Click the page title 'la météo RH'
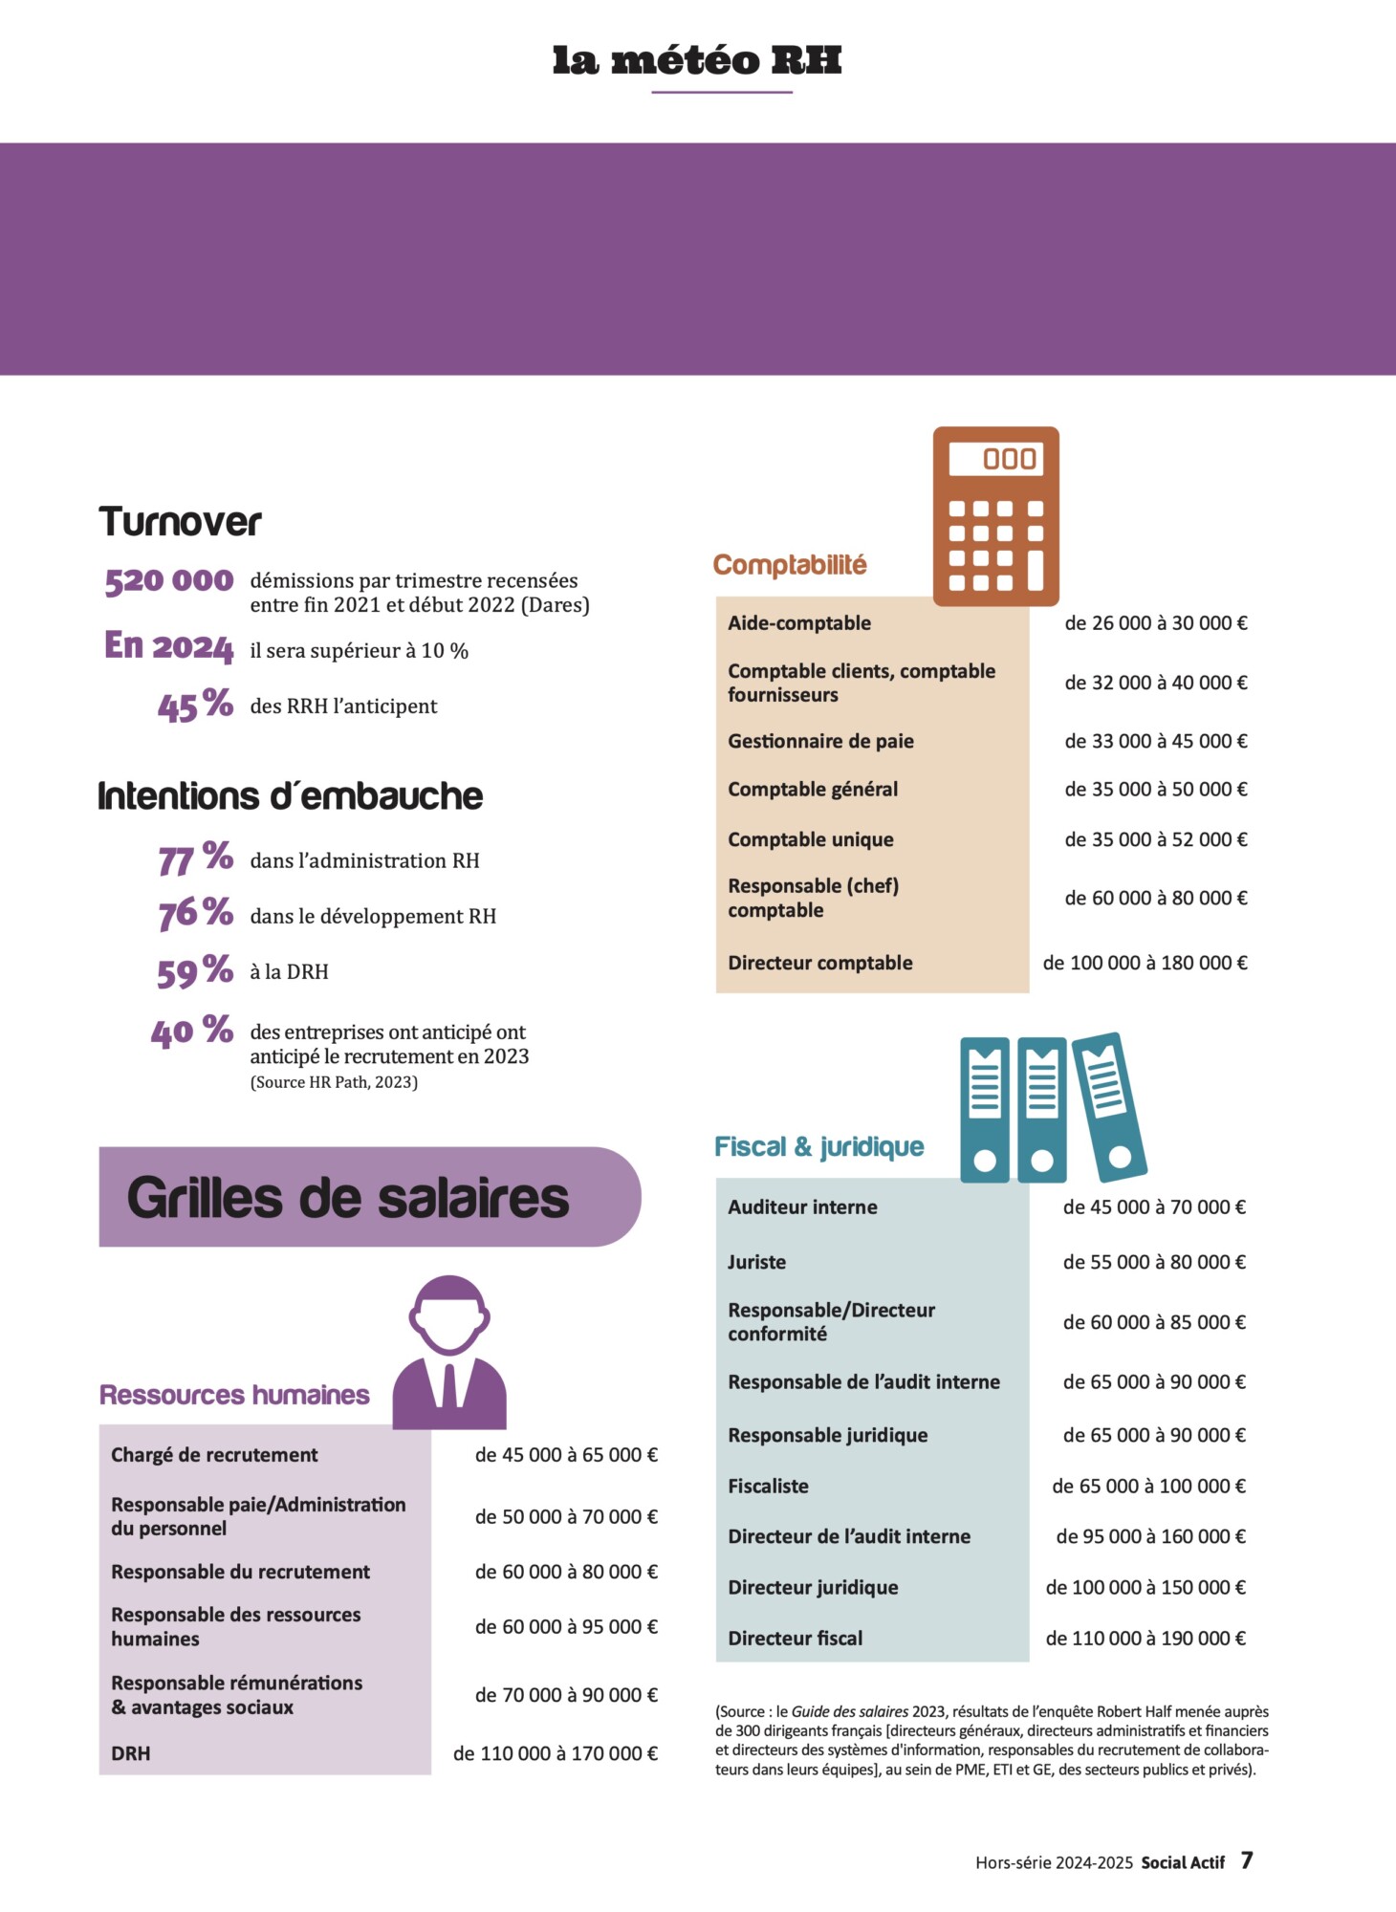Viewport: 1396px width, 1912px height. coord(697,60)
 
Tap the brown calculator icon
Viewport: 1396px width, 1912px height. coord(995,516)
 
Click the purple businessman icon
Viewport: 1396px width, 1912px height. coord(449,1354)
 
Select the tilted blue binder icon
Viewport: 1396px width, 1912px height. coord(1109,1107)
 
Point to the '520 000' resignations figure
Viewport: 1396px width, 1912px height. coord(169,580)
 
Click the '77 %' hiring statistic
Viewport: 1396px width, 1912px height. coord(195,858)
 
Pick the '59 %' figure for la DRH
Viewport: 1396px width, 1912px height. coord(195,971)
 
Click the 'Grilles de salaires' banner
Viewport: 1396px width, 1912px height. coord(369,1197)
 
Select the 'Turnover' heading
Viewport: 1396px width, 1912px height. coord(180,522)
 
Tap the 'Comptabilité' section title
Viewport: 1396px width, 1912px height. coord(790,564)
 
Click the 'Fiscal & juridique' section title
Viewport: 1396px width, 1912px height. coord(818,1146)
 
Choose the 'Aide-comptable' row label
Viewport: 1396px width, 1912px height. coord(799,623)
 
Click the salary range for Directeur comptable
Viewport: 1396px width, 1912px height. coord(1145,963)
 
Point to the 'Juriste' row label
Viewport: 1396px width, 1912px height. coord(756,1262)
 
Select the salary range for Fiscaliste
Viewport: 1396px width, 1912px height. coord(1148,1486)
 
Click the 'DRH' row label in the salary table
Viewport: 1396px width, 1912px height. coord(131,1753)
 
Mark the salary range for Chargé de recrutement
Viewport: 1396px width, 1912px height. coord(566,1455)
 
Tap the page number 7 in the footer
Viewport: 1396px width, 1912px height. coord(1247,1860)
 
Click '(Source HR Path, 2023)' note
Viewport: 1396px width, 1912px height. coord(334,1082)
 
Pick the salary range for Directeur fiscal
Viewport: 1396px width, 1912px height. coord(1145,1638)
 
